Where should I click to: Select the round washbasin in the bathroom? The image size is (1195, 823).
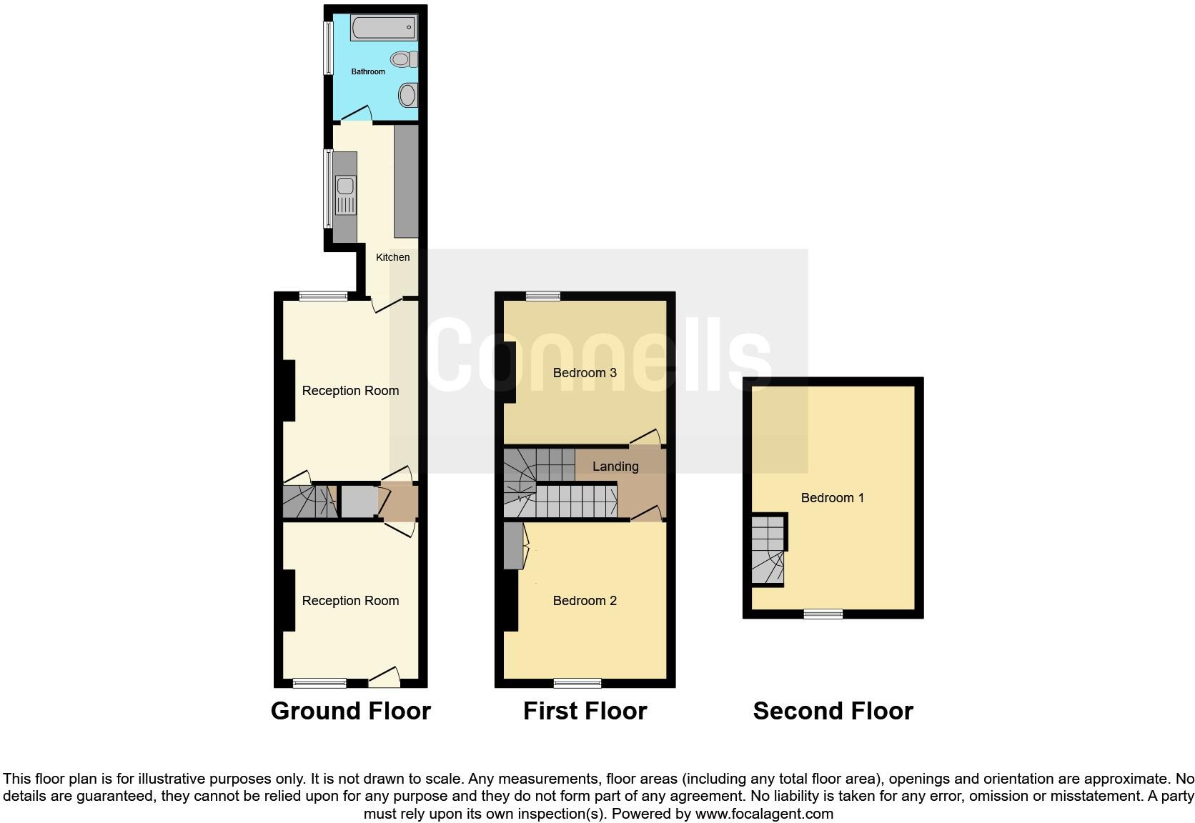(407, 94)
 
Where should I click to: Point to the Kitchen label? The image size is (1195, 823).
(392, 257)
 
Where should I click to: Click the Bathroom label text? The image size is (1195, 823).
(367, 71)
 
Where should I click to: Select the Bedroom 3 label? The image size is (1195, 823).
(584, 372)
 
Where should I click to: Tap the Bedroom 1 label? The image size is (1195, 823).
(832, 498)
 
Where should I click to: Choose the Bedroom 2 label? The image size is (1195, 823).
(584, 601)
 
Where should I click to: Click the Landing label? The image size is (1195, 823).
(615, 467)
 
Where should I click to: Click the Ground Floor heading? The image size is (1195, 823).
(350, 711)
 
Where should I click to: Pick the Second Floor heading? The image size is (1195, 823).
(833, 711)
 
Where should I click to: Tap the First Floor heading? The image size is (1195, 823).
(585, 711)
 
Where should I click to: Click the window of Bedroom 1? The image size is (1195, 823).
(823, 614)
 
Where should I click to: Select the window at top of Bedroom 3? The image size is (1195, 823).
(543, 296)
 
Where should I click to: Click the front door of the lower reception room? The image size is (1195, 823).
(385, 678)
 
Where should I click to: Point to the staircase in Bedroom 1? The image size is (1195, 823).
(768, 550)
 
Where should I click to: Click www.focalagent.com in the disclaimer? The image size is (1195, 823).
(763, 813)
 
